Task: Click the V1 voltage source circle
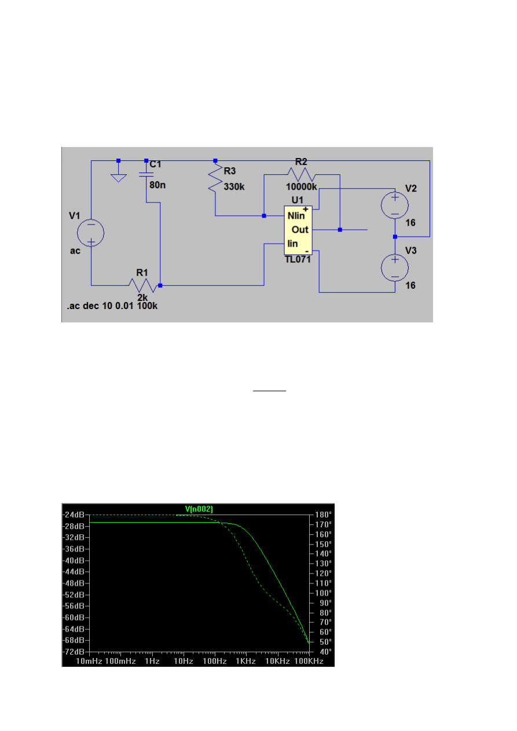pos(91,233)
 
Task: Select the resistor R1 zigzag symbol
pos(142,285)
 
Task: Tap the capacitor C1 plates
pos(146,172)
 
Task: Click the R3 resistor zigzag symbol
pos(215,178)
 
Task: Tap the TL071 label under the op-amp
pos(298,260)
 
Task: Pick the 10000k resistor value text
pos(301,187)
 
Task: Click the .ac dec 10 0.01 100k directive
pos(112,306)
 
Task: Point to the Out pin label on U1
pos(299,230)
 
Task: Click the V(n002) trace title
pos(199,509)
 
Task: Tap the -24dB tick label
pos(74,515)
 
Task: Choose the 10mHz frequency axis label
pos(89,661)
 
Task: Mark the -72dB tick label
pos(74,652)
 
